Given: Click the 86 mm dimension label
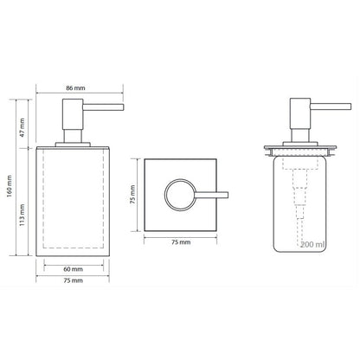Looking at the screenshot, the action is point(75,88).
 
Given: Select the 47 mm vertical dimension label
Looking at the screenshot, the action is point(22,127).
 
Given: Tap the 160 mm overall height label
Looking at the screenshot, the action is point(10,186).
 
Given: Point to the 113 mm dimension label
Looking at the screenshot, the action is point(22,215).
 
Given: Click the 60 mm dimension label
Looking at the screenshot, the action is point(73,269).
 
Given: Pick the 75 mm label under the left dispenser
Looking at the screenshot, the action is point(73,280).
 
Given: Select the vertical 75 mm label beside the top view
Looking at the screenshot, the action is point(132,195).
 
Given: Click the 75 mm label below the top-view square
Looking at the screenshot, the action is point(181,242).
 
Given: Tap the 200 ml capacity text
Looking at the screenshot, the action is point(312,245).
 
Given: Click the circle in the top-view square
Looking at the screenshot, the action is point(165,194).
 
